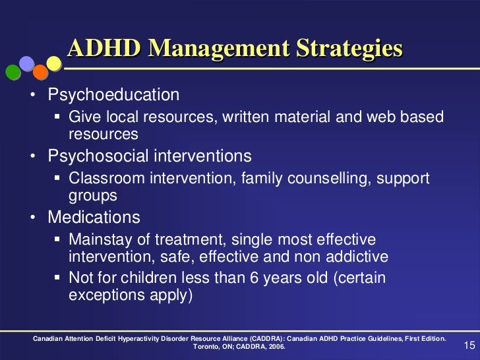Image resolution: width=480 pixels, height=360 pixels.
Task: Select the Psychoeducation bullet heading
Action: (113, 95)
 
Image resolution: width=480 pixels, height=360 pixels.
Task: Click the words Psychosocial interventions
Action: (149, 157)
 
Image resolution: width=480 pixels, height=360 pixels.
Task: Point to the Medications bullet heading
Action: (93, 217)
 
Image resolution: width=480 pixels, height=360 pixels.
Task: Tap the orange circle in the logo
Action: (41, 71)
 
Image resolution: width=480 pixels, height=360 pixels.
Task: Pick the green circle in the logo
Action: (11, 70)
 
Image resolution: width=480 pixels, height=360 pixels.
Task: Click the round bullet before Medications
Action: (33, 218)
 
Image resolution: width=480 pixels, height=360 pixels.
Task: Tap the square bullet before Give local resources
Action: (57, 118)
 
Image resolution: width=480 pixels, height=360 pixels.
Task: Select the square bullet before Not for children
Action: (57, 279)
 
